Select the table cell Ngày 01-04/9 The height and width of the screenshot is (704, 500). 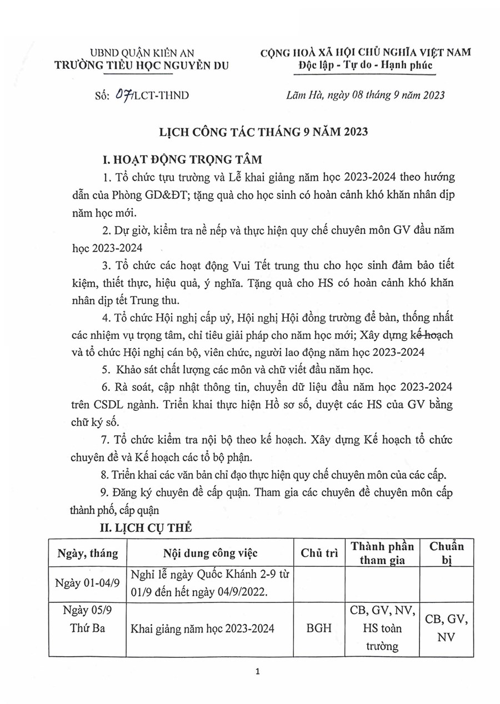click(87, 584)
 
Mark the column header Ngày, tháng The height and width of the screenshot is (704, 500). click(87, 553)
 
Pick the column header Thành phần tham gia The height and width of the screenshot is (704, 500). click(383, 553)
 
